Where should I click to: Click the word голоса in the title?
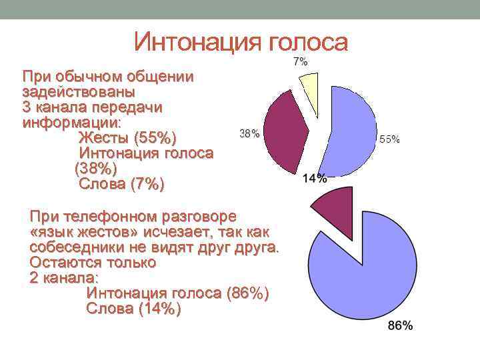(x=308, y=42)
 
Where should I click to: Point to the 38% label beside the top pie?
(x=249, y=133)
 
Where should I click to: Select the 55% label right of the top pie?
(x=389, y=139)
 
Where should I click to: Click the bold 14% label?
(x=315, y=178)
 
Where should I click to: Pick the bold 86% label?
(x=400, y=326)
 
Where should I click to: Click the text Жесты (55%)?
(x=127, y=138)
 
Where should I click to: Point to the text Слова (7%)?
(x=121, y=184)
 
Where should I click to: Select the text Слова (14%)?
(x=133, y=309)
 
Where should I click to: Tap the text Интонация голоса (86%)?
(x=178, y=293)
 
